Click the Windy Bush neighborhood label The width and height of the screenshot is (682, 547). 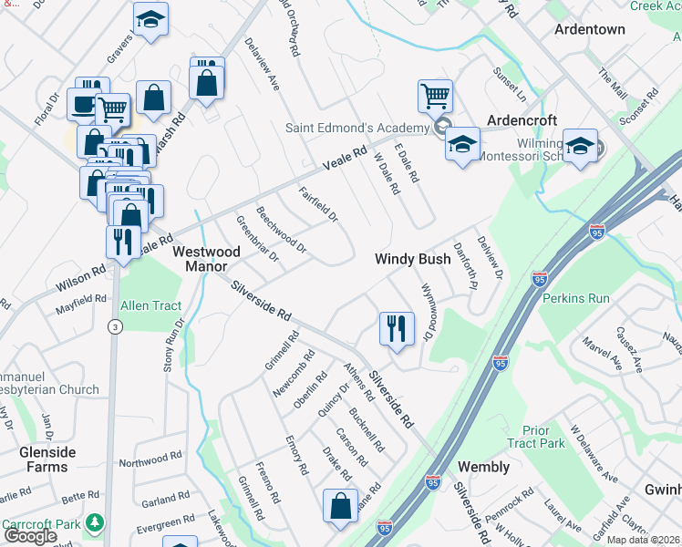point(413,260)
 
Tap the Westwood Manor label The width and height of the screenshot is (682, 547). point(206,259)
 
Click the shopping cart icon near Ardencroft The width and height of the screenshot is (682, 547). point(436,95)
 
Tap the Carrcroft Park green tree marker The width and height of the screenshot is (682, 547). point(93,523)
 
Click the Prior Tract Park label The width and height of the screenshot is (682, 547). point(544,437)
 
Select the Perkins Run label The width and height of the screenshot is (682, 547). point(575,298)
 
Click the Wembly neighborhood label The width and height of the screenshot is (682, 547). point(483,467)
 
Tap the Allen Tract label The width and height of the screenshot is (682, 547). point(151,305)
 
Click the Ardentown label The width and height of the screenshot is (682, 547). point(591,29)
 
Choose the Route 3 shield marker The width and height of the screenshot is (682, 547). point(114,326)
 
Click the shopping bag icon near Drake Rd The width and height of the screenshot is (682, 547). point(340,506)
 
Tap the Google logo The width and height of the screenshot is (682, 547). point(30,536)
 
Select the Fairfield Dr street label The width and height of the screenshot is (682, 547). point(318,205)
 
